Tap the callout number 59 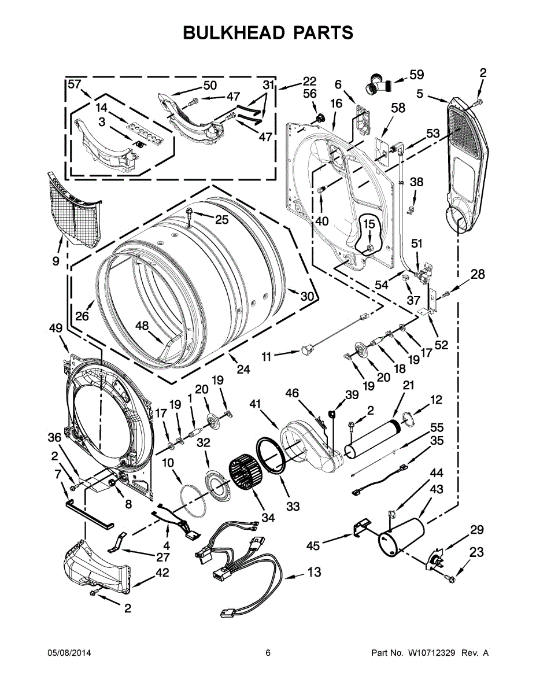click(416, 75)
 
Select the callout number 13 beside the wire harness click(314, 572)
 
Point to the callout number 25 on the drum click(221, 219)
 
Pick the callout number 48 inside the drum click(142, 326)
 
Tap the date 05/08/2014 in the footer click(67, 653)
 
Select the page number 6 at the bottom click(268, 653)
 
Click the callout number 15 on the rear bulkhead click(369, 224)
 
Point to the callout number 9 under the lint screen click(56, 261)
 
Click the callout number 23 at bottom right click(476, 552)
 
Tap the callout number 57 click(75, 84)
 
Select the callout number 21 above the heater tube click(408, 385)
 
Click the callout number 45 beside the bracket click(313, 546)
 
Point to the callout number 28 click(478, 274)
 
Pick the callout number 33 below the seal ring click(293, 506)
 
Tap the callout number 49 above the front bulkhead click(56, 328)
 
